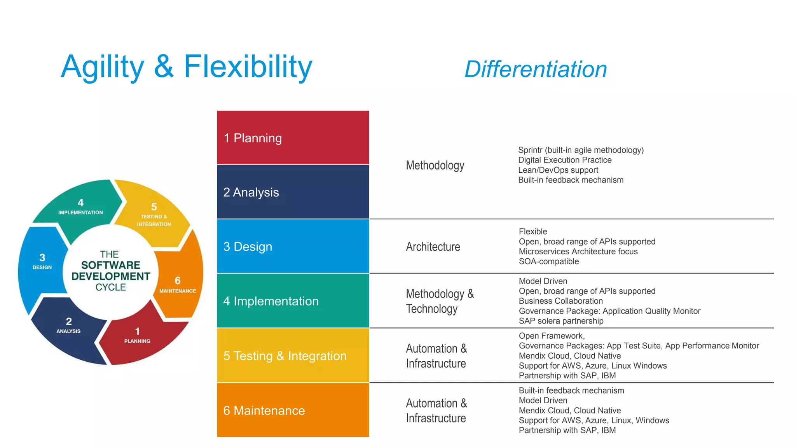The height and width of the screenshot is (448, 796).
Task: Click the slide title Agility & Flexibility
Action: click(187, 67)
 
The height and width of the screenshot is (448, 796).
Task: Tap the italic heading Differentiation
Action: click(536, 69)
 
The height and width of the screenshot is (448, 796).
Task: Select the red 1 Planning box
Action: click(293, 138)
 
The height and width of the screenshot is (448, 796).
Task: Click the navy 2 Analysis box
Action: click(293, 192)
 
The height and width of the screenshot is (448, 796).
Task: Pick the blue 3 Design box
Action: click(293, 246)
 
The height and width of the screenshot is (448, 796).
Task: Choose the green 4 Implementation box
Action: click(293, 301)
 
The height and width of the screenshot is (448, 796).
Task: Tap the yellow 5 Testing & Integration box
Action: click(293, 355)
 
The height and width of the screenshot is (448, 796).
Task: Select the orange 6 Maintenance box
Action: click(293, 410)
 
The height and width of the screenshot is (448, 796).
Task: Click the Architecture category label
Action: click(433, 247)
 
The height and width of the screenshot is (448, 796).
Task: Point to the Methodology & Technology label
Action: click(440, 301)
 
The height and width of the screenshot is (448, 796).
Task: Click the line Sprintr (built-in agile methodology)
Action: click(581, 150)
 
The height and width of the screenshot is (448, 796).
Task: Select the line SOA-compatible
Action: click(548, 261)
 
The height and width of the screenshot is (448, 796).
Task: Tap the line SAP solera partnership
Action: click(561, 321)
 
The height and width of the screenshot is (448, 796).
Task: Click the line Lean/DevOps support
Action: click(558, 170)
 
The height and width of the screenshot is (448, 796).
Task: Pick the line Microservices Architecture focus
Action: click(578, 252)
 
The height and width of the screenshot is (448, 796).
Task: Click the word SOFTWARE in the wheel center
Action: click(110, 265)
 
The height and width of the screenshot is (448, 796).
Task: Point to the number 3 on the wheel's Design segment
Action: click(42, 257)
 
